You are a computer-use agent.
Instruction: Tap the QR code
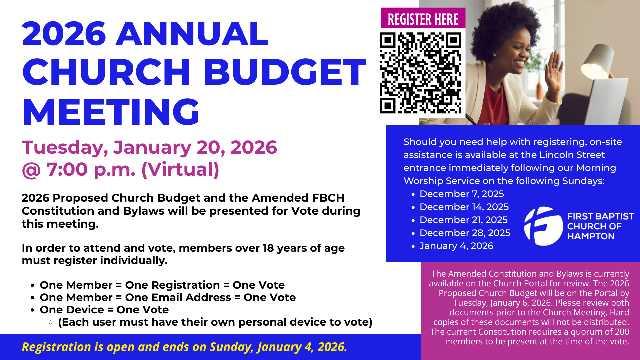(421, 73)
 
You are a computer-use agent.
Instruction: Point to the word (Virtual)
(180, 169)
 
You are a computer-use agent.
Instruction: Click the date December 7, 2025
(462, 194)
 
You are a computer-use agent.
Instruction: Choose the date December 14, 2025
(464, 207)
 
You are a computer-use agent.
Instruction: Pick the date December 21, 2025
(464, 220)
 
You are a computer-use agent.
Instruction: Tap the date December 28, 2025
(465, 233)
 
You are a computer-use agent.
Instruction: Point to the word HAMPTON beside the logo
(591, 236)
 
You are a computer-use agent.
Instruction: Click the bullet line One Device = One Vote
(104, 310)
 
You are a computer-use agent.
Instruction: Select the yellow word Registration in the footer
(57, 347)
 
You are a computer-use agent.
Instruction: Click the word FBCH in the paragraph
(328, 198)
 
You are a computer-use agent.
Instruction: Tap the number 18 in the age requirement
(268, 248)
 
